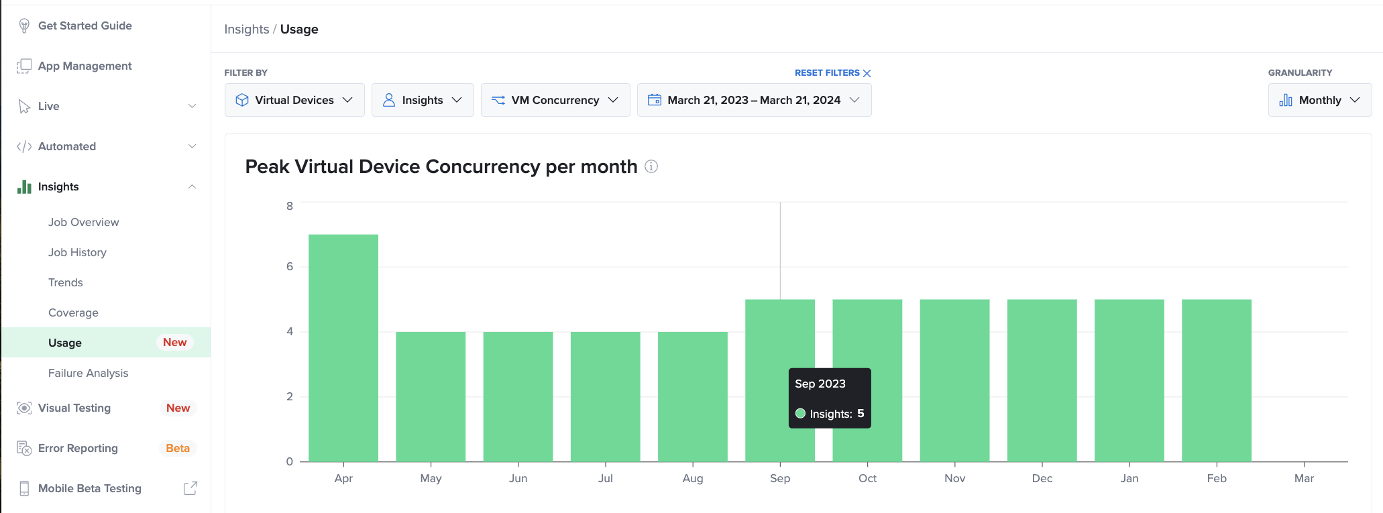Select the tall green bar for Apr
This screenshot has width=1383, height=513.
343,348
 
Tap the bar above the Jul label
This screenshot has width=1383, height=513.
605,396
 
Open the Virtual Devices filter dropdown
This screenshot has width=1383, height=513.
294,100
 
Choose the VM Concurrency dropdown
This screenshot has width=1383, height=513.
555,100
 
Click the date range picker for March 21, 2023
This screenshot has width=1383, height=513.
753,100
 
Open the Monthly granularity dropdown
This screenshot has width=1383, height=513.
1319,100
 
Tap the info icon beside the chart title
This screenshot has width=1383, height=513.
651,166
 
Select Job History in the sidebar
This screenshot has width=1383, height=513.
77,252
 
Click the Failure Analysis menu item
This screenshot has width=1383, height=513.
88,373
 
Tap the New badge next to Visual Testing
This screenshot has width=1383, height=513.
178,408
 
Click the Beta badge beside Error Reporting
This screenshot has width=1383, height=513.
178,448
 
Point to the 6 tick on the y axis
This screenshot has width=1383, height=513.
290,266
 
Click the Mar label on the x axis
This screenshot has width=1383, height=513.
1303,478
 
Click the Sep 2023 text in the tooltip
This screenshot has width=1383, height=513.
820,384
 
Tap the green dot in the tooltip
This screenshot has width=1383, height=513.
800,414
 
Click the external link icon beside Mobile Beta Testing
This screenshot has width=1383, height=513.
190,488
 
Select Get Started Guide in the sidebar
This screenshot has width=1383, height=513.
85,25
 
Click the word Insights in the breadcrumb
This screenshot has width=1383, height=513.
246,30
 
